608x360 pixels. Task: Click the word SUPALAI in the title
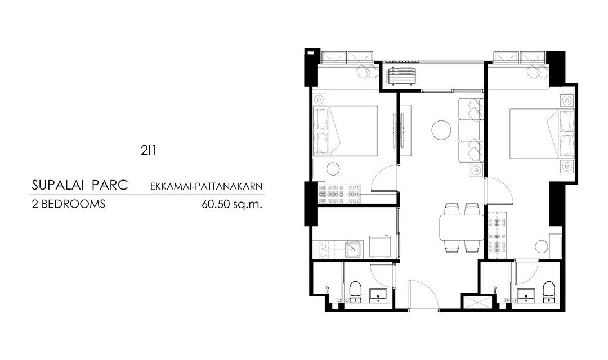tap(58, 185)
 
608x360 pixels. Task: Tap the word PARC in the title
tap(110, 185)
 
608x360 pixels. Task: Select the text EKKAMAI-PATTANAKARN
tap(206, 186)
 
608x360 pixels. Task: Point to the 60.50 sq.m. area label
tap(232, 204)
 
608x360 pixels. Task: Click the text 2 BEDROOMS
tap(68, 204)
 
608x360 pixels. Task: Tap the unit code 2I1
tap(149, 150)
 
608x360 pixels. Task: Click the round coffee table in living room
tap(442, 129)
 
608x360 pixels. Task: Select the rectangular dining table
tap(462, 228)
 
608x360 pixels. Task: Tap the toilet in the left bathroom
tap(355, 291)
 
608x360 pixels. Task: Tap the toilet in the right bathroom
tap(548, 291)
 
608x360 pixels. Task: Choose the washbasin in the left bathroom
tap(378, 295)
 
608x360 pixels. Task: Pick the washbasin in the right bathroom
tap(526, 295)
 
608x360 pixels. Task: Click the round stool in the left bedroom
tap(333, 169)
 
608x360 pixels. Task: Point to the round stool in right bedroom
tap(542, 246)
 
